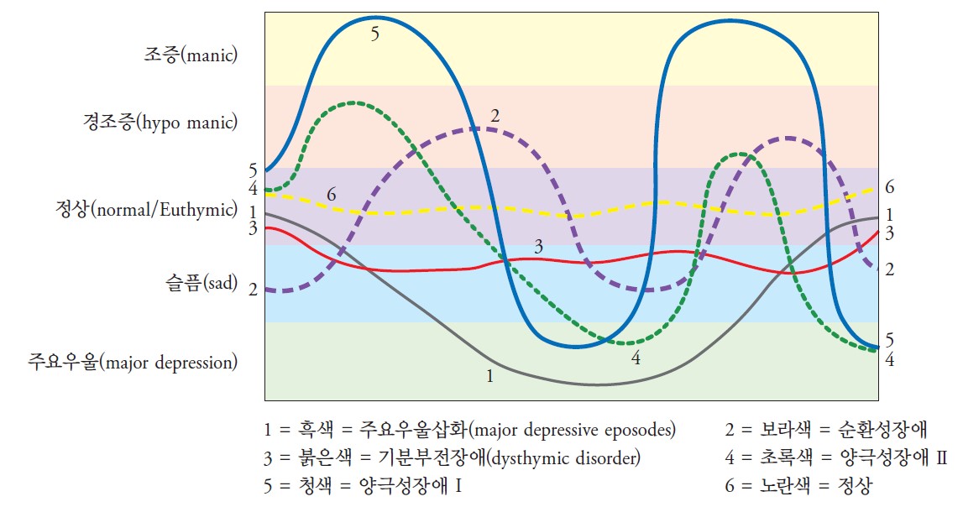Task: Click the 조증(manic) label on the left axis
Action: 190,57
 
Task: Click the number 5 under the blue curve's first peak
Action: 374,34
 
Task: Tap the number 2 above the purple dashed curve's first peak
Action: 495,118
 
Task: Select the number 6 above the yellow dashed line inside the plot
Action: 332,196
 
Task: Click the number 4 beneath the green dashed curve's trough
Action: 636,358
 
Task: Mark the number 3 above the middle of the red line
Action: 539,247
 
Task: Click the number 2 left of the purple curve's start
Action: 253,290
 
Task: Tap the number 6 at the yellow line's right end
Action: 890,188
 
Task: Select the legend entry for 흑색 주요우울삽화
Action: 469,431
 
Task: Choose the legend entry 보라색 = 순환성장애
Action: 826,431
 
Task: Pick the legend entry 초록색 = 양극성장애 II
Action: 835,458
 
